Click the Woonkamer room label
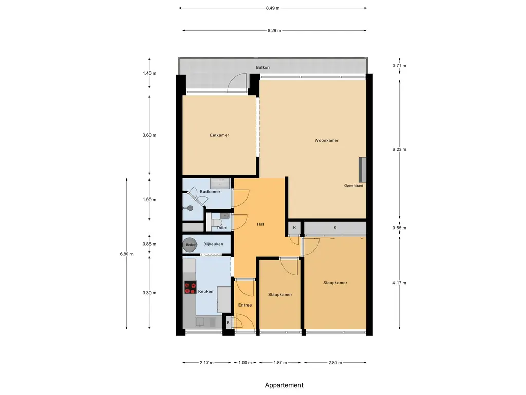[326, 141]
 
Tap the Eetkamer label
[219, 135]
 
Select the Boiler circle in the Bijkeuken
[190, 245]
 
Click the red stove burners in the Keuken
[190, 287]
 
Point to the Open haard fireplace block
[362, 169]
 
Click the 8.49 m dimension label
[273, 8]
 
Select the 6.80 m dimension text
[126, 254]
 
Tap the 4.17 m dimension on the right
[399, 283]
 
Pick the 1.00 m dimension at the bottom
[245, 363]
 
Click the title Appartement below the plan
[284, 385]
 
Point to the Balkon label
[262, 67]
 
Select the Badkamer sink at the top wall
[220, 184]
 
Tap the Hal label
[260, 224]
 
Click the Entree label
[245, 306]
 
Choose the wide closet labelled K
[335, 228]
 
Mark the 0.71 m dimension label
[399, 66]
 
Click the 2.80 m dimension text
[335, 363]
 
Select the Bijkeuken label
[213, 244]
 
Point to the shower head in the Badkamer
[190, 208]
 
